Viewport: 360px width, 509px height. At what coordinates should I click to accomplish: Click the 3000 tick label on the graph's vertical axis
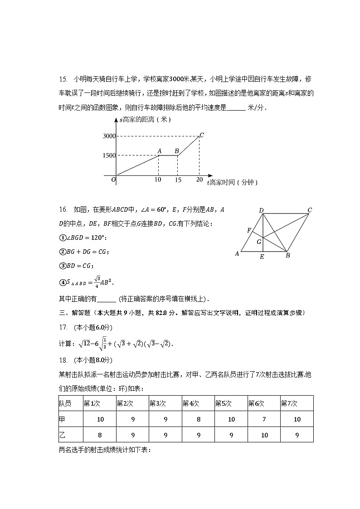point(109,136)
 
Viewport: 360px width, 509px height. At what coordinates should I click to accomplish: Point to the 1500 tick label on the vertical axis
point(109,155)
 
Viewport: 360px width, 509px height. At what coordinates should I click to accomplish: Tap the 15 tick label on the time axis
point(178,180)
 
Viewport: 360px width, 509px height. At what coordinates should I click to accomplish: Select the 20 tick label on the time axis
point(199,180)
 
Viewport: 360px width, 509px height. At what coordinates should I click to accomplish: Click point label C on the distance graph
point(202,135)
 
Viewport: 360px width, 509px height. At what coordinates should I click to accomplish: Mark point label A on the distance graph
point(159,150)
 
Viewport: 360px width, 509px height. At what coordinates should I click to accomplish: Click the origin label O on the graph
point(113,180)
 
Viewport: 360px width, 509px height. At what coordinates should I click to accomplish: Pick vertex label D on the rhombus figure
point(261,210)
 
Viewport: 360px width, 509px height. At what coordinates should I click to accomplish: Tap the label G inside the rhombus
point(259,242)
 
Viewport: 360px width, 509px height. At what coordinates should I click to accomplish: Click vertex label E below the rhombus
point(262,257)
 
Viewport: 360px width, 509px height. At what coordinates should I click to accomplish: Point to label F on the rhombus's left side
point(249,231)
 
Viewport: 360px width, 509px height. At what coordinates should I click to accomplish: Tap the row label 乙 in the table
point(62,435)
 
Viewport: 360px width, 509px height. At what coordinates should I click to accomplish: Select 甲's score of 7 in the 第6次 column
point(264,419)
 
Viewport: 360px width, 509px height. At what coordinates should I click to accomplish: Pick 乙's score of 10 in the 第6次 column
point(264,435)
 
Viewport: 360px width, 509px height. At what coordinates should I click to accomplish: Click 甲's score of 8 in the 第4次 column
point(199,419)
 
